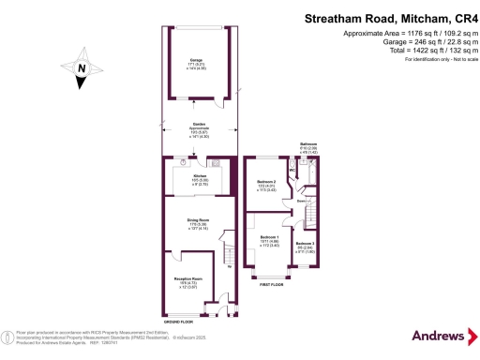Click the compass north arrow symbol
pos(82,69)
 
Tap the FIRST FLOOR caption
pos(273,282)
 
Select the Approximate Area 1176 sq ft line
pos(412,34)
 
